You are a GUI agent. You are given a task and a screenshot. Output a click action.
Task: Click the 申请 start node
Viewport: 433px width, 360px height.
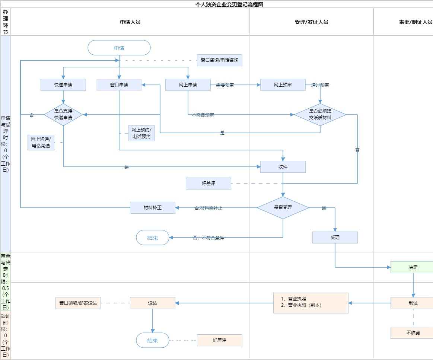(119, 48)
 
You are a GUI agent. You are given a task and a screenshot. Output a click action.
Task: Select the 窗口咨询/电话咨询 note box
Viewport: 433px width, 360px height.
(219, 60)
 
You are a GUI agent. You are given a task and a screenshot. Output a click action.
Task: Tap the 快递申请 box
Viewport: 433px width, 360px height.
(63, 85)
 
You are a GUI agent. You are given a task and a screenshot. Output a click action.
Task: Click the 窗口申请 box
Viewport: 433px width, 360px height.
(119, 85)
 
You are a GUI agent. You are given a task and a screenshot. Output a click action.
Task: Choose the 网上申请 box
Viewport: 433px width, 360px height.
(188, 85)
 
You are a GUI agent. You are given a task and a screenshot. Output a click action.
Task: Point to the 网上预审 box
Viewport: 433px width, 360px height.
(283, 85)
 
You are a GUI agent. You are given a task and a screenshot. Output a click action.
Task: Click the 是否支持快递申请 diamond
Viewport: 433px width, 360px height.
(63, 114)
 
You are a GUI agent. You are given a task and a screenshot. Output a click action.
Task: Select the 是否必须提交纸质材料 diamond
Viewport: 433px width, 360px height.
(320, 114)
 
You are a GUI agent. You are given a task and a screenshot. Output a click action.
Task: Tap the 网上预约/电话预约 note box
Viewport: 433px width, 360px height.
(141, 133)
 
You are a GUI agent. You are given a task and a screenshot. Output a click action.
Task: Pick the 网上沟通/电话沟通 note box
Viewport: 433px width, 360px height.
(41, 143)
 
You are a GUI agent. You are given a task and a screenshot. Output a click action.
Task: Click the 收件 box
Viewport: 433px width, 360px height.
(283, 167)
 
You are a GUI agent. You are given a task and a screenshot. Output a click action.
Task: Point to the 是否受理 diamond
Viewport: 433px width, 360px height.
(283, 207)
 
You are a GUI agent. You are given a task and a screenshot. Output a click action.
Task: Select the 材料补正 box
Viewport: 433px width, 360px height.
(153, 207)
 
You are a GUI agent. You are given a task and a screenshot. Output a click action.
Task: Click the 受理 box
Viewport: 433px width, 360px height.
(335, 238)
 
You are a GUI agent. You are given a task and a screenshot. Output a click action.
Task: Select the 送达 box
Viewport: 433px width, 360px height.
(153, 303)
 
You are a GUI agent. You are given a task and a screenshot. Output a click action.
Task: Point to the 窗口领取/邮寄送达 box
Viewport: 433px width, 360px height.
(78, 303)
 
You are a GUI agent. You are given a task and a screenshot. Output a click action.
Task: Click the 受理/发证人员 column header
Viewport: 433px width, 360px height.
(311, 22)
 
